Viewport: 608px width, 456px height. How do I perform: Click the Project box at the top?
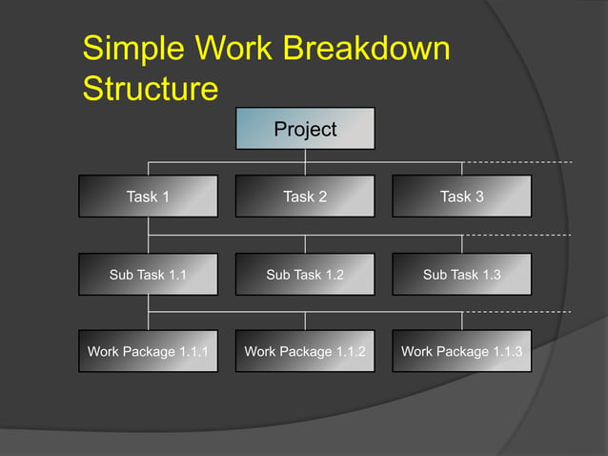pos(305,129)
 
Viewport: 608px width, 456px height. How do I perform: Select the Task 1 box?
pos(148,197)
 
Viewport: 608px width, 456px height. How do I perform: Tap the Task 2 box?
pos(305,197)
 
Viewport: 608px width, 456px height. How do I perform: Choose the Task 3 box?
pos(461,197)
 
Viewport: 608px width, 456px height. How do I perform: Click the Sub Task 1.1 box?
pos(148,275)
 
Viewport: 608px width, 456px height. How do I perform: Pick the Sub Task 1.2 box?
pos(305,275)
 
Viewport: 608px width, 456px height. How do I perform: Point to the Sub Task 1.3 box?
pos(461,275)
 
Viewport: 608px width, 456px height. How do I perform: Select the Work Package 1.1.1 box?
pos(148,352)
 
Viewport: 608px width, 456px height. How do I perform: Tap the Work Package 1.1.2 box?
pos(305,352)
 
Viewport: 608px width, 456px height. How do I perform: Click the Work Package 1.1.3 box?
pos(461,352)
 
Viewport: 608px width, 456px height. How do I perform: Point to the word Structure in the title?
pos(150,89)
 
